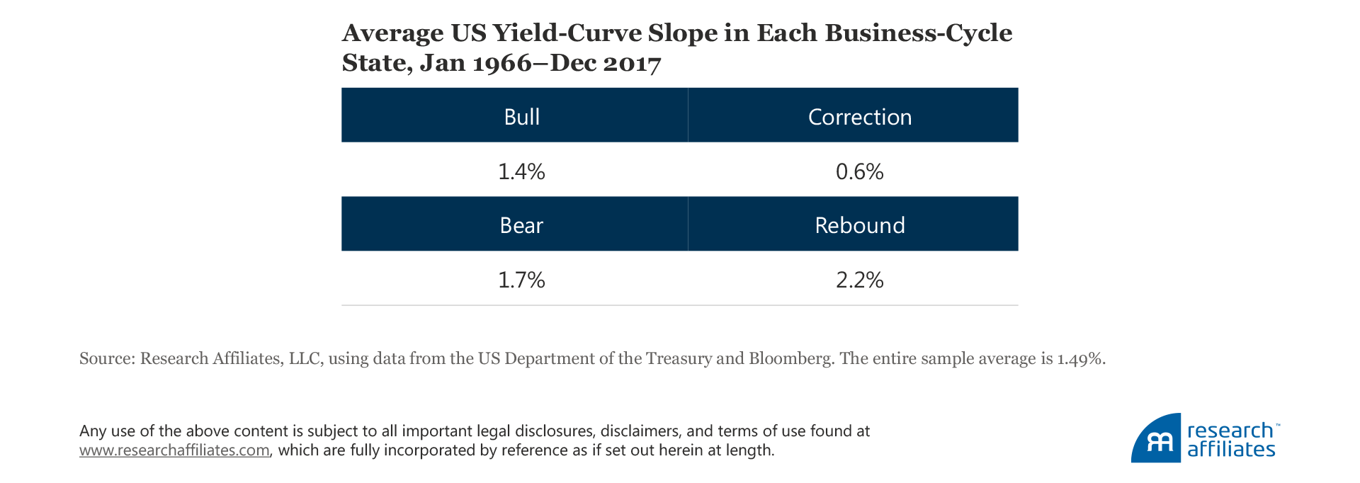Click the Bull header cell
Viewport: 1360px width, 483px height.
coord(521,116)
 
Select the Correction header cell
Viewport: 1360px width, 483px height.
coord(859,116)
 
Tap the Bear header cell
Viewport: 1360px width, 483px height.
coord(521,225)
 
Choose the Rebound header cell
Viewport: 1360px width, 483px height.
coord(859,225)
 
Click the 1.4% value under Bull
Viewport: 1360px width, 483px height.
coord(521,171)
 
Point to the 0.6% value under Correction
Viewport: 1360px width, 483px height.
coord(859,171)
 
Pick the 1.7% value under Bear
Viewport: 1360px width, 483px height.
coord(521,280)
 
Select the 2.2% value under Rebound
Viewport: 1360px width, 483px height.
coord(859,280)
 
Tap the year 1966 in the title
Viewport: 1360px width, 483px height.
coord(501,64)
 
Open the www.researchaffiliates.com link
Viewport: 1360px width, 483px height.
coord(174,450)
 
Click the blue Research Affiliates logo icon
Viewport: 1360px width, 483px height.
coord(1156,439)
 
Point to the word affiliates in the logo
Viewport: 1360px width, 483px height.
coord(1231,450)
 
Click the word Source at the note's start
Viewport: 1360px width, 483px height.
coord(106,358)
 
